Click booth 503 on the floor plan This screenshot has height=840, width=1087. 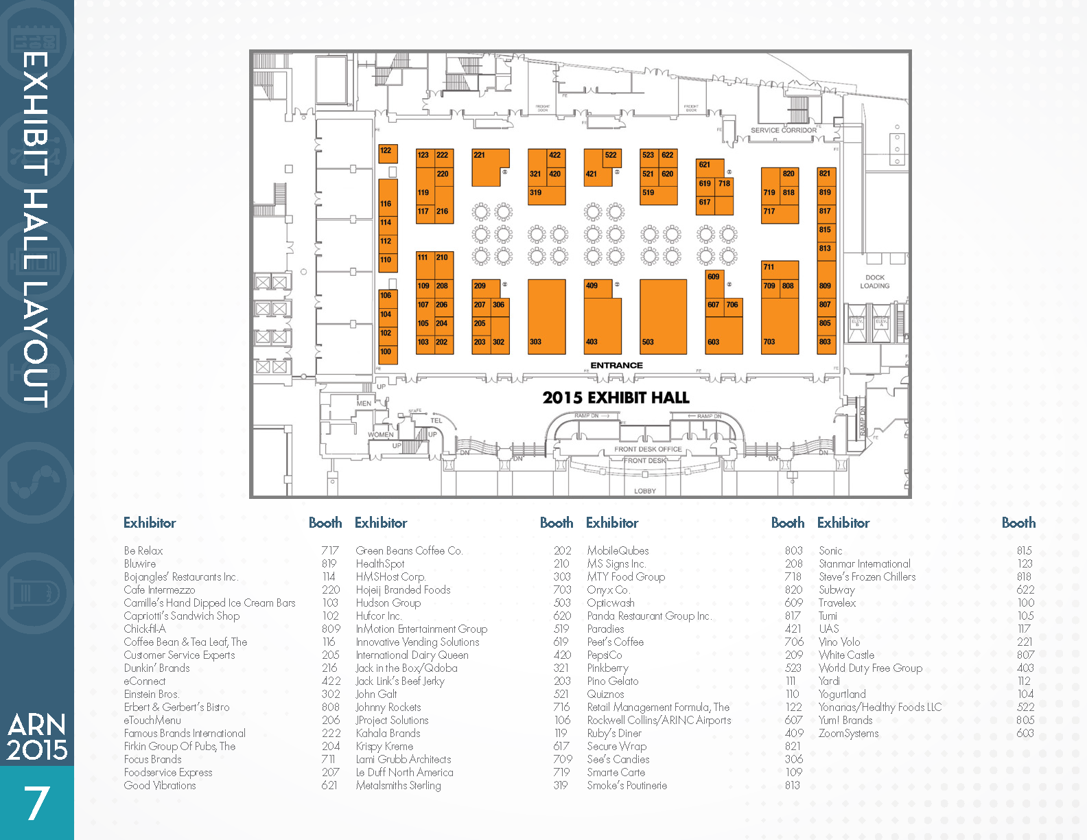[663, 316]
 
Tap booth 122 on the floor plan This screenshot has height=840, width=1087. [388, 153]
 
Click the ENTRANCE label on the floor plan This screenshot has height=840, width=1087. [616, 365]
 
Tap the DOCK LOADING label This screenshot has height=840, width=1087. [874, 281]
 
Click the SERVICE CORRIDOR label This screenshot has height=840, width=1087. [783, 130]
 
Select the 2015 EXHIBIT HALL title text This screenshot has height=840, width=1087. [616, 397]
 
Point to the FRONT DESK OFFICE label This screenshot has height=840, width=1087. [648, 449]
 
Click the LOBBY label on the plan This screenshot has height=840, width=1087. [644, 491]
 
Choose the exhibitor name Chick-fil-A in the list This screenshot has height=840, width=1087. [145, 629]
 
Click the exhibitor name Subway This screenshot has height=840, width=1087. [837, 590]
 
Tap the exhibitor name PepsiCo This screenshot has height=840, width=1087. [605, 655]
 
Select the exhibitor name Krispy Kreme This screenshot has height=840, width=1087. [384, 746]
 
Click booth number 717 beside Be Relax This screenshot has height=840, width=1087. [329, 550]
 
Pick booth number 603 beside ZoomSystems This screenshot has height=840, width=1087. [1025, 733]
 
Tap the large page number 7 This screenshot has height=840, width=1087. [37, 803]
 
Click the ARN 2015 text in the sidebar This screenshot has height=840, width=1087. [37, 737]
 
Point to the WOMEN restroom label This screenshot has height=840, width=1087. [380, 434]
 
